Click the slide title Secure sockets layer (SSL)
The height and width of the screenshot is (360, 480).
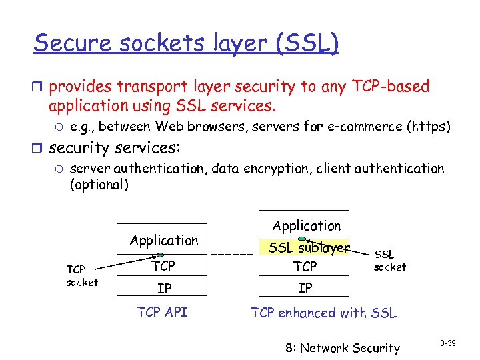187,43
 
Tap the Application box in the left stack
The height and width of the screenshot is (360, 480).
164,240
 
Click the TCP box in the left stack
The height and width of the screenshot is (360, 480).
163,267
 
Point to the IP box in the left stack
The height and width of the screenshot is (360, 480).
163,289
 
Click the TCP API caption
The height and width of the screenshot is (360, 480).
163,312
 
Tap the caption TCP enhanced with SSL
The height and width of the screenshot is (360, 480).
323,312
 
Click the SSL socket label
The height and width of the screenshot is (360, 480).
389,261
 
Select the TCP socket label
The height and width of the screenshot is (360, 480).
82,276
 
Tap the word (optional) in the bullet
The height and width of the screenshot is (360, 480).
99,185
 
